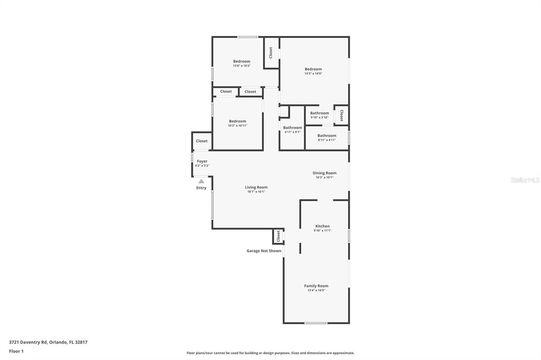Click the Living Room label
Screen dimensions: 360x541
point(256,187)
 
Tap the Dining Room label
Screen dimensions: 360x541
point(324,173)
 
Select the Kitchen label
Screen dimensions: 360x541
point(322,226)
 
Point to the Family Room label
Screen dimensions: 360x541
point(316,286)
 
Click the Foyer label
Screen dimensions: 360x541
point(202,161)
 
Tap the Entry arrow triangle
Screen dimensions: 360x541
point(201,181)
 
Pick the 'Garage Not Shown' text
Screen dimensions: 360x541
point(264,251)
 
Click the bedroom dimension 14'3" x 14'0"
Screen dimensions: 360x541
point(313,73)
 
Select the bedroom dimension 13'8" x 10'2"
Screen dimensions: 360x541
point(241,66)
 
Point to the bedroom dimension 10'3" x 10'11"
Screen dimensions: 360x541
point(237,126)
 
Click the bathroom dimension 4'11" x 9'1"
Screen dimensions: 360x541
point(292,132)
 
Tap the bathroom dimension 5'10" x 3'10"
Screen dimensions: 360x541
point(319,117)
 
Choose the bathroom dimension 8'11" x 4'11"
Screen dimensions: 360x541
point(327,140)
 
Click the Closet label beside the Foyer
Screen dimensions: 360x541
point(202,141)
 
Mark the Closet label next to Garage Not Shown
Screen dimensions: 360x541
point(278,236)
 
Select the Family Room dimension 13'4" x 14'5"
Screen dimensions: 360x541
point(316,290)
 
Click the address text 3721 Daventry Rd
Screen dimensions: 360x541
point(48,342)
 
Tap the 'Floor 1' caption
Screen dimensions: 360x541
point(16,351)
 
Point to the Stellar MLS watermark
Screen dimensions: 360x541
point(525,180)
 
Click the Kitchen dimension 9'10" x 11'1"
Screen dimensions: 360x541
point(322,231)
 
